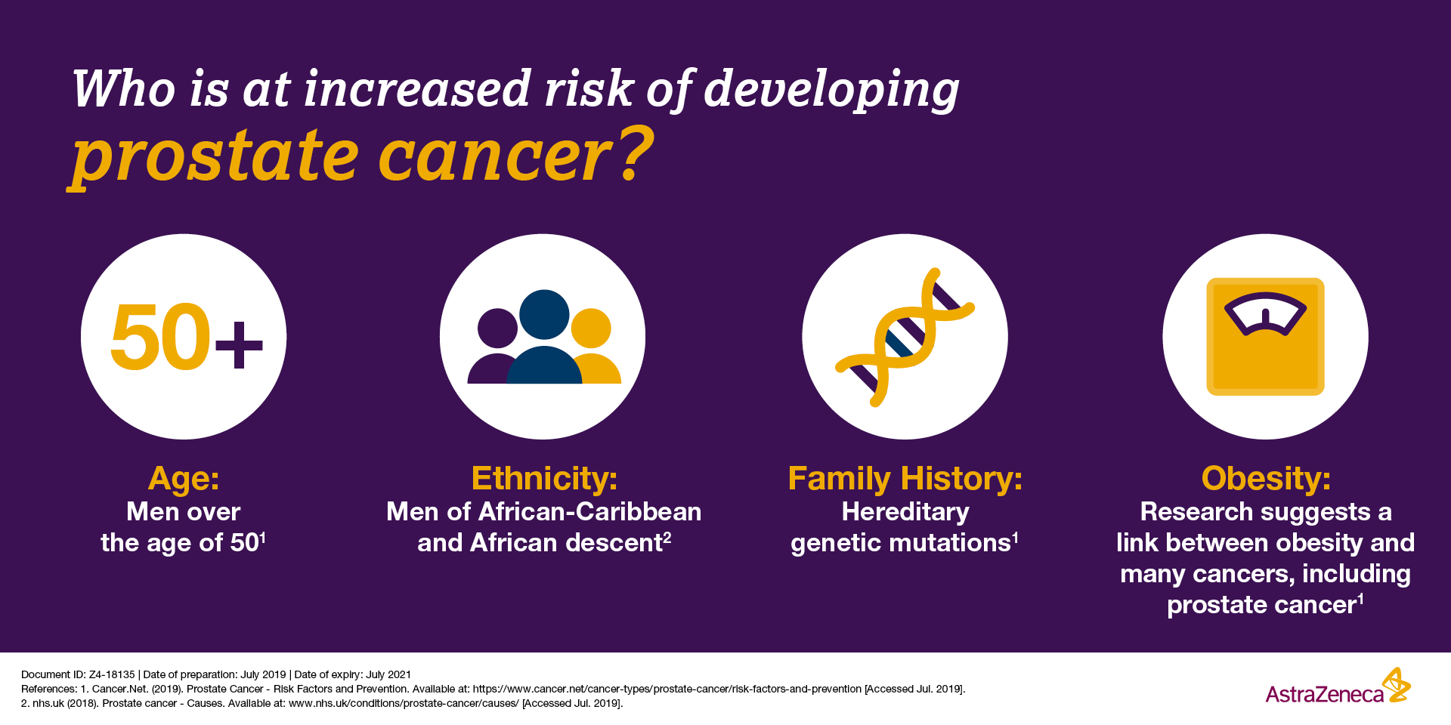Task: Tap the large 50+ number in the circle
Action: point(187,337)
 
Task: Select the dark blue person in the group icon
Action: point(544,337)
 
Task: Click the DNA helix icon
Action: point(905,337)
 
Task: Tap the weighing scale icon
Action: point(1265,337)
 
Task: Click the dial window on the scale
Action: point(1265,313)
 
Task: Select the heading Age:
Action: point(184,478)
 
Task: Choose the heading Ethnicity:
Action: point(544,478)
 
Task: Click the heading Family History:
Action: point(905,478)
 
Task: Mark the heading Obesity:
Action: point(1266,478)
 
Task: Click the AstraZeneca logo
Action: point(1338,686)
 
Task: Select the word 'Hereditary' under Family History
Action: point(905,512)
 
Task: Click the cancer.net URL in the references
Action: point(667,689)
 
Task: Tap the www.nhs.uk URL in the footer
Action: point(404,703)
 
